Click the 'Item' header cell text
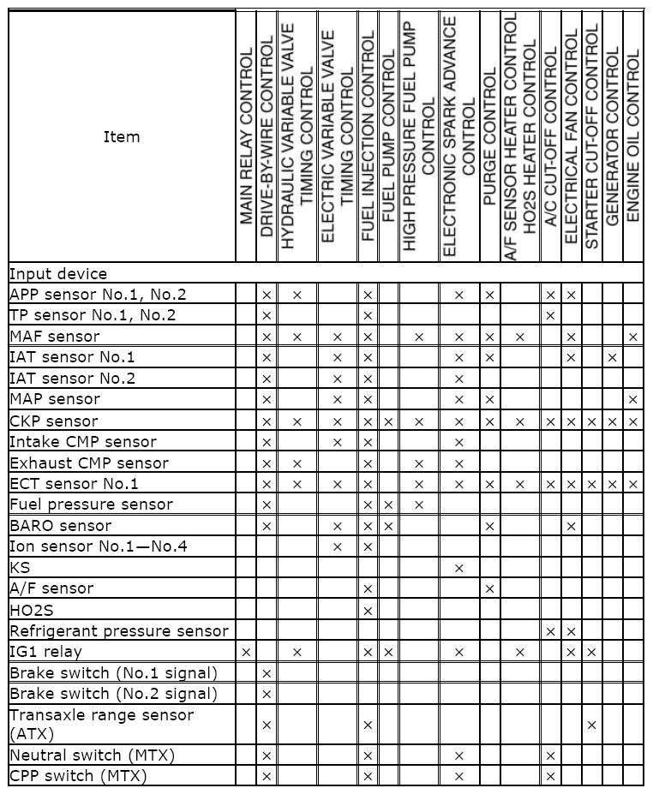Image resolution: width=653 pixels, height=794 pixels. pos(121,137)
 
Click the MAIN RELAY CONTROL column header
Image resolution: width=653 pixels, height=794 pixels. pos(247,137)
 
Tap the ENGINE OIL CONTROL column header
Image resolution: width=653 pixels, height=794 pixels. pos(633,137)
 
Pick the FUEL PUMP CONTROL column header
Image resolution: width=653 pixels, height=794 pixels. pos(388,137)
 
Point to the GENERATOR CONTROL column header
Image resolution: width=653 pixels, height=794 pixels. pos(612,137)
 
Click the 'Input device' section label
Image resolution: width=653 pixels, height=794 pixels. pos(58,274)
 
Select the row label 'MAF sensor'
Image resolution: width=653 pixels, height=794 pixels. pos(55,337)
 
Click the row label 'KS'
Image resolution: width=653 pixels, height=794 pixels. pos(20,567)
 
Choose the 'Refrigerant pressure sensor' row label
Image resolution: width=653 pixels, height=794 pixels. pos(119,630)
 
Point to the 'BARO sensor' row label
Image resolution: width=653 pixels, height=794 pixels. pos(60,525)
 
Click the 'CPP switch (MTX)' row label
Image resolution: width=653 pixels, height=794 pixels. pos(78,776)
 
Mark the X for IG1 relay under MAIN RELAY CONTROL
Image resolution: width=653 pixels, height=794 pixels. pos(247,652)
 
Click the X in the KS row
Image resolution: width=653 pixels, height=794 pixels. pos(458,568)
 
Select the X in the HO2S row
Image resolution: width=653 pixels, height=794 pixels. pos(368,610)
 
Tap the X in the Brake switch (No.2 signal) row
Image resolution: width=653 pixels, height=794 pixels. pos(267,694)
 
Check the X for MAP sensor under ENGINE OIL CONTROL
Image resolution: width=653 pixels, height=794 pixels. pos(633,400)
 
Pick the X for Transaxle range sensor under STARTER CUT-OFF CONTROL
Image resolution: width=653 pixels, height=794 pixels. pos(591,725)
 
